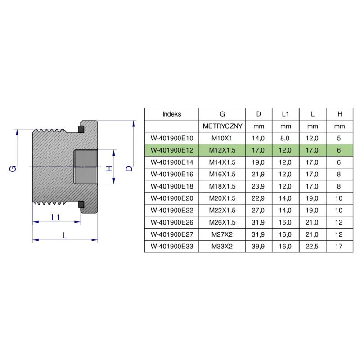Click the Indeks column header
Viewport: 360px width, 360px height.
[171, 114]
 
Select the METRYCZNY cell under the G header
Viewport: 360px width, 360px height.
[223, 126]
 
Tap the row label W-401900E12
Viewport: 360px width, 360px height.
[171, 150]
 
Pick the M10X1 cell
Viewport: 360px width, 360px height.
[223, 138]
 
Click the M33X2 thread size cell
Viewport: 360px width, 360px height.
[223, 246]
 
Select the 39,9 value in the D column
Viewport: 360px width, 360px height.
[259, 246]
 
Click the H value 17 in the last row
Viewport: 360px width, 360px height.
[340, 246]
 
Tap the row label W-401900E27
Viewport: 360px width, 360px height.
[171, 234]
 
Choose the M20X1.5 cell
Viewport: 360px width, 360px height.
[223, 198]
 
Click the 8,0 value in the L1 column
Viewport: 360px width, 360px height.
[286, 138]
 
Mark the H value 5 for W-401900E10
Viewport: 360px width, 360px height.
[340, 138]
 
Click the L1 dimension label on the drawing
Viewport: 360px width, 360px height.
[56, 217]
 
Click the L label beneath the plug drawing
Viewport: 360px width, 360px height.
[65, 235]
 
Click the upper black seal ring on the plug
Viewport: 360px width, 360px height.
[81, 130]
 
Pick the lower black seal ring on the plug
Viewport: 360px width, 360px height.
[81, 205]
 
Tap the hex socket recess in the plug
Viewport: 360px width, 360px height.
[85, 167]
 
